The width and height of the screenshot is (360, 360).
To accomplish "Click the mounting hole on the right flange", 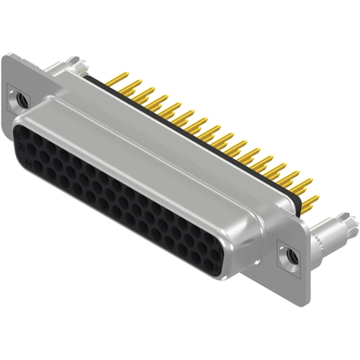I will (291, 257).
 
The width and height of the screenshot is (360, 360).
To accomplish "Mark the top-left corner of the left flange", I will (7, 56).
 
